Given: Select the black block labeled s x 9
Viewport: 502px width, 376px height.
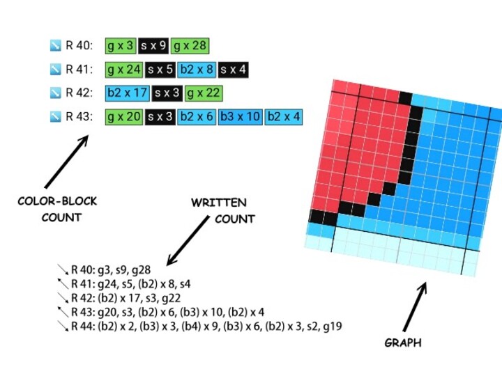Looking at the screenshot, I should click(x=153, y=46).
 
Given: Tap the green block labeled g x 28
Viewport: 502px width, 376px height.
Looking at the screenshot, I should click(x=190, y=46).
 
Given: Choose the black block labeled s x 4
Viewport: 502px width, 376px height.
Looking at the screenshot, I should click(x=233, y=70).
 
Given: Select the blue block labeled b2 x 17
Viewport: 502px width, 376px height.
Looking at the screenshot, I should click(x=128, y=93).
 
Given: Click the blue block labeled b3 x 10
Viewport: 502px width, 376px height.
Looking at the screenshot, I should click(x=241, y=116).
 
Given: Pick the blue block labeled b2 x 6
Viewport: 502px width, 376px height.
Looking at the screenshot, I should click(x=196, y=116).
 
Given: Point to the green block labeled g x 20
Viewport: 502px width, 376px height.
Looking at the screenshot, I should click(x=124, y=116).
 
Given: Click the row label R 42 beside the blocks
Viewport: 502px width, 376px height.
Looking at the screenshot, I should click(x=79, y=93).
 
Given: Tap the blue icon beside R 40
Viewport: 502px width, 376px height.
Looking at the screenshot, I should click(x=56, y=46).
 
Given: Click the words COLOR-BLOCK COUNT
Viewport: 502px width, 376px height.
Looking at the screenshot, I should click(x=57, y=209).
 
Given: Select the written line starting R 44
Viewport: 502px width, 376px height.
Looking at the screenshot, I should click(x=206, y=326).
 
